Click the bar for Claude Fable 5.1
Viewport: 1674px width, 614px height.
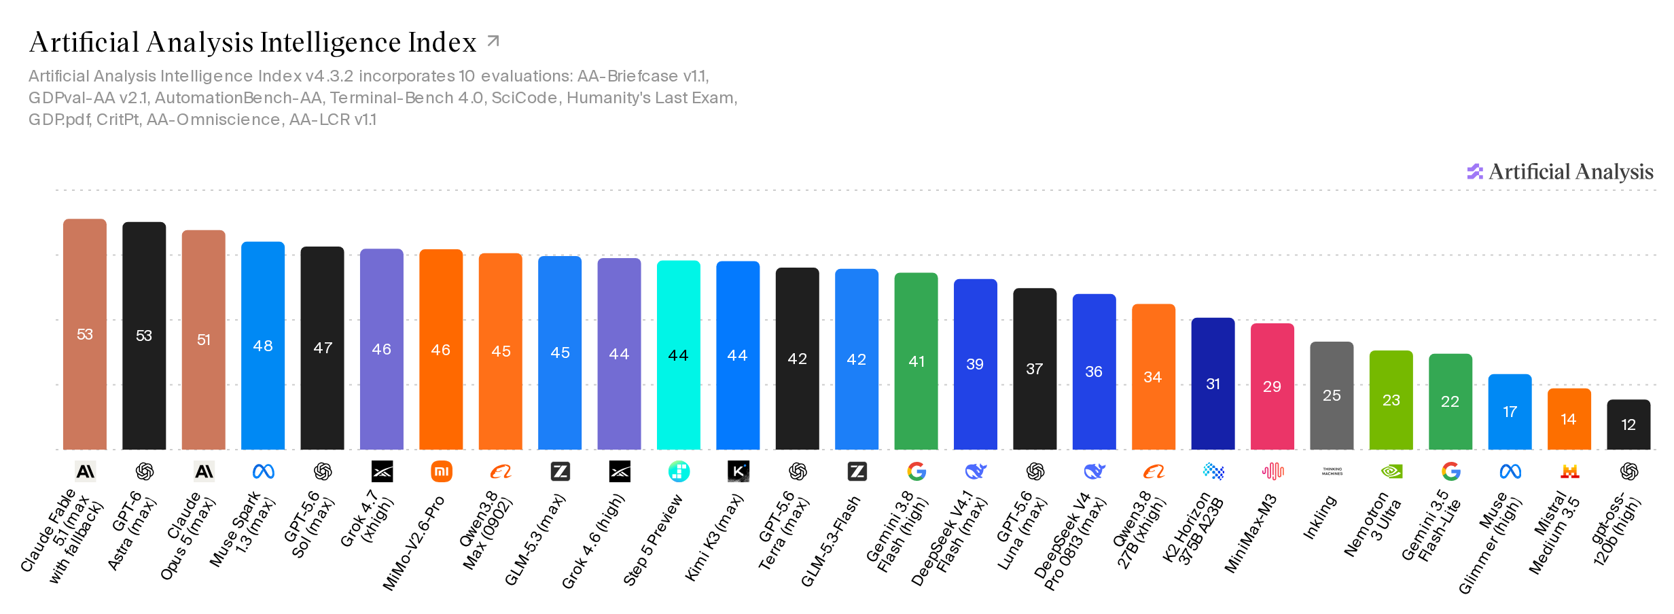tap(85, 334)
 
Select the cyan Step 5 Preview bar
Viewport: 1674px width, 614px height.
tap(679, 355)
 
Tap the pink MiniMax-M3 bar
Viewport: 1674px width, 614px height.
tap(1272, 386)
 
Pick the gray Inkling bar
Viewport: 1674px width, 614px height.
tap(1332, 395)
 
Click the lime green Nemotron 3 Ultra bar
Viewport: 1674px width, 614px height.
tap(1391, 400)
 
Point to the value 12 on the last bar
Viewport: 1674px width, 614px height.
tap(1628, 425)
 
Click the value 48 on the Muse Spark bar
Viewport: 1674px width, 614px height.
tap(263, 346)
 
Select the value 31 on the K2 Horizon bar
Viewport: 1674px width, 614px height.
tap(1213, 384)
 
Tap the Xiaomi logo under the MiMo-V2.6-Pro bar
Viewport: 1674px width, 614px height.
tap(442, 471)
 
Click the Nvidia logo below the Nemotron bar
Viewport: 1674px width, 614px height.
tap(1391, 471)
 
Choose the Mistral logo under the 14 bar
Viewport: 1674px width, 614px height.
tap(1569, 471)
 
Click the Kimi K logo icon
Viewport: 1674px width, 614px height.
tap(738, 471)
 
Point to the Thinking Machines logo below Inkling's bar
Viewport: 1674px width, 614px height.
tap(1332, 471)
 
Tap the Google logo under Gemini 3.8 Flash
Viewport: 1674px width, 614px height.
tap(916, 471)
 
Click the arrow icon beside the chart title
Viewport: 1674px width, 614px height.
tap(494, 41)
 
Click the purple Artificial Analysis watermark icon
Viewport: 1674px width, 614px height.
tap(1475, 172)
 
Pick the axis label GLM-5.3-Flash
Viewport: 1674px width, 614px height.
tap(831, 541)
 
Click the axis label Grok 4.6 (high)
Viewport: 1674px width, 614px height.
tap(593, 541)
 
